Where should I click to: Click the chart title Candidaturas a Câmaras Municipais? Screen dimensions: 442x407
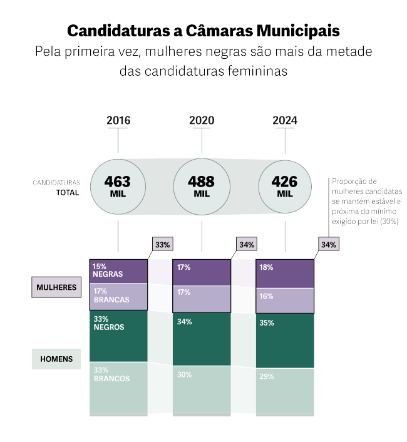203,30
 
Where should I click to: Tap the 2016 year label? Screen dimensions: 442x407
118,120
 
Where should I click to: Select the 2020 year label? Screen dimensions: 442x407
202,120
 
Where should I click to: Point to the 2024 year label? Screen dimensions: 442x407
285,120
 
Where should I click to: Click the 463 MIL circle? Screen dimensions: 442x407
118,185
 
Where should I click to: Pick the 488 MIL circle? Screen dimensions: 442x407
202,185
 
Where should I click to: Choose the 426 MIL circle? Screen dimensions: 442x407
285,185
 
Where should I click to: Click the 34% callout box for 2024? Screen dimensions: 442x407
329,244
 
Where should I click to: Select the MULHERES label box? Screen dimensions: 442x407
56,287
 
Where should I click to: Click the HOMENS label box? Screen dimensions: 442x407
56,359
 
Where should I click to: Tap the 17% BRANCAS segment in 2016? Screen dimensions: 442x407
119,297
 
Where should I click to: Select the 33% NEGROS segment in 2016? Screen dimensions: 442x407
119,337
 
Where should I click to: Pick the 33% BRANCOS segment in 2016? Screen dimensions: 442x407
119,388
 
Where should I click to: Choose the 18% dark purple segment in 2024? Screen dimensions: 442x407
285,274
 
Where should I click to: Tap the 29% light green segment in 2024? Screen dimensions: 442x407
285,391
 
